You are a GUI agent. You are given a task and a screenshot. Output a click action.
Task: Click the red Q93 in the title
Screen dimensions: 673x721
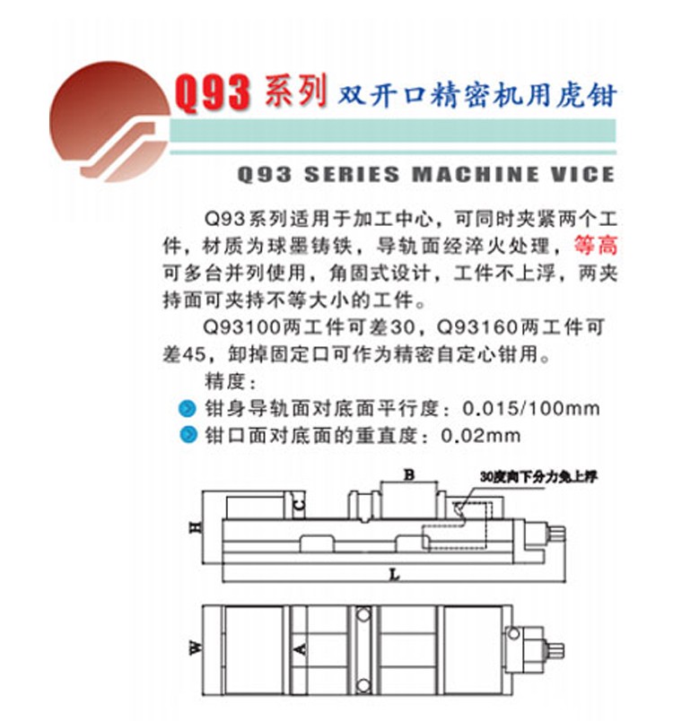tap(213, 93)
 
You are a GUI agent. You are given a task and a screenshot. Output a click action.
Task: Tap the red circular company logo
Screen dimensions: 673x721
tap(109, 122)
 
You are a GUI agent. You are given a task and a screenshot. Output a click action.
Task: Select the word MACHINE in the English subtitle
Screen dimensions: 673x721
tap(475, 174)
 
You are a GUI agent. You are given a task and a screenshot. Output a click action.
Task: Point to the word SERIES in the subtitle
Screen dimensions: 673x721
tap(352, 174)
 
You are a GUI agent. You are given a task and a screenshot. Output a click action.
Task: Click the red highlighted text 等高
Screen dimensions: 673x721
tap(595, 245)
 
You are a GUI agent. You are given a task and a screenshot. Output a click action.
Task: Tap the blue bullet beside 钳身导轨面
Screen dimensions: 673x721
tap(188, 408)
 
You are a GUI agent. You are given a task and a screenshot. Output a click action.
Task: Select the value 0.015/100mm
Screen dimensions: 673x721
tap(531, 408)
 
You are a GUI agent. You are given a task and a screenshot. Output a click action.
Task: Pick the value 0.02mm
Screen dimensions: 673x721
tap(481, 435)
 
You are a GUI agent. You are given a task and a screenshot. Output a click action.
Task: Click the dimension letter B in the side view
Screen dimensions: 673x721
tap(409, 475)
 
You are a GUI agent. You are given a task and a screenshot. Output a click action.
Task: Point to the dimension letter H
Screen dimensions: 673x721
tap(196, 527)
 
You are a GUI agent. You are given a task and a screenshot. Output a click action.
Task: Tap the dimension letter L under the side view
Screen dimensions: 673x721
tap(394, 575)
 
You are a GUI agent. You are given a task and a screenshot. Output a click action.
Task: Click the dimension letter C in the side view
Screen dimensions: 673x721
tap(299, 505)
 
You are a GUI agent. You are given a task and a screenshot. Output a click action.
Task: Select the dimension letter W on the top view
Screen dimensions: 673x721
tap(196, 647)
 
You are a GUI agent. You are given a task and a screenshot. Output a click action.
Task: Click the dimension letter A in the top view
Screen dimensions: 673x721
tap(300, 649)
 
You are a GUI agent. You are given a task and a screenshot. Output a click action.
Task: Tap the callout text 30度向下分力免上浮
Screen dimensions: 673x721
tap(538, 477)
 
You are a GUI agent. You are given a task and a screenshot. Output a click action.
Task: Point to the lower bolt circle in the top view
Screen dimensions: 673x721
tap(363, 686)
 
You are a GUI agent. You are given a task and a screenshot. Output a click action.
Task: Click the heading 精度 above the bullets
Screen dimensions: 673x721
tap(230, 382)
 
